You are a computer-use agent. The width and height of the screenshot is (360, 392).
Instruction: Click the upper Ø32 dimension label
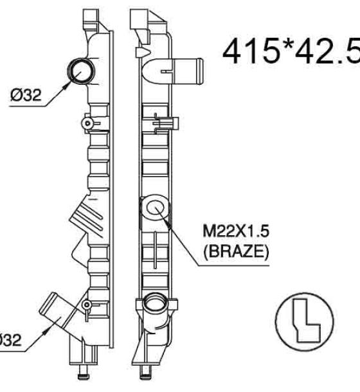(x=26, y=95)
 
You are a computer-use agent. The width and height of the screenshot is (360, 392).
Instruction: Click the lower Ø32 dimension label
(x=10, y=340)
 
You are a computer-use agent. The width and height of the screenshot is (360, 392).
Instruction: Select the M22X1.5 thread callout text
(x=236, y=231)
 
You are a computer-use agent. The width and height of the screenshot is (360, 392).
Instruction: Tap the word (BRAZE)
(x=236, y=251)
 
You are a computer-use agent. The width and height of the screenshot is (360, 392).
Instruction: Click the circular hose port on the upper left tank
(x=81, y=71)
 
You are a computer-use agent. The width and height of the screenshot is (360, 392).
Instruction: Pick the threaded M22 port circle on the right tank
(x=155, y=208)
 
